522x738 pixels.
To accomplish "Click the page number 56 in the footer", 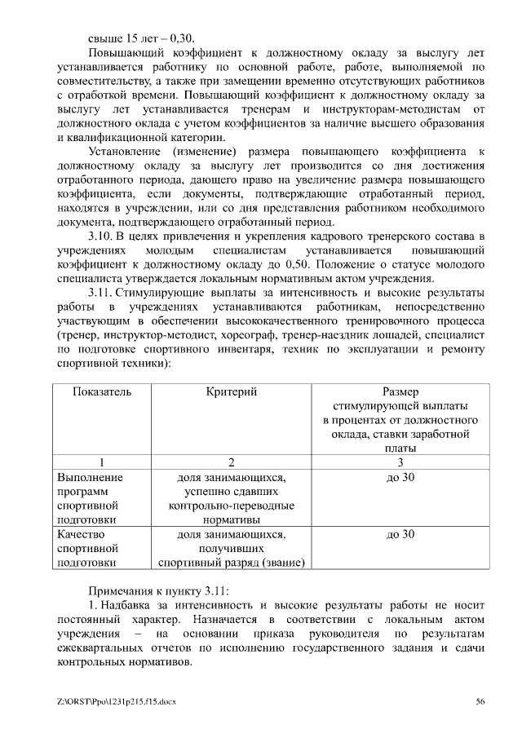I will coord(480,701).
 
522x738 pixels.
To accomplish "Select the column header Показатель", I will coord(101,391).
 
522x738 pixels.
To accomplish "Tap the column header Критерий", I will coord(232,391).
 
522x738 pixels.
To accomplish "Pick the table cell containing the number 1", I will coord(101,462).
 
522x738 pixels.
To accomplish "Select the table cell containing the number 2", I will coord(232,462).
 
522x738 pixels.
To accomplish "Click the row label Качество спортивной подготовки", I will coord(89,548).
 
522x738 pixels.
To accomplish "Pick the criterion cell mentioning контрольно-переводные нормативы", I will coord(232,497).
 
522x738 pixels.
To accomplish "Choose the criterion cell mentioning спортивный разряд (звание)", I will coord(232,548).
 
